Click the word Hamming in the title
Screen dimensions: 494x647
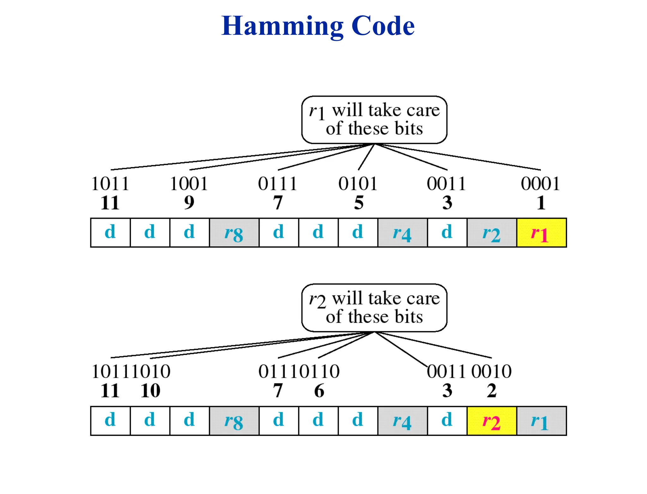coord(282,26)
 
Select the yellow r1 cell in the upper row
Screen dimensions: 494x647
coord(541,233)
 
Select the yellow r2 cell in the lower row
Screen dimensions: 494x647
coord(492,421)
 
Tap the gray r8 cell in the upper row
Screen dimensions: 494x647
coord(234,233)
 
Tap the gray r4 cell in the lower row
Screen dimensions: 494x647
coord(402,421)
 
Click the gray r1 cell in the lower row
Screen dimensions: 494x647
coord(541,421)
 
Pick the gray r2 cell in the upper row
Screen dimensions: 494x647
coord(492,233)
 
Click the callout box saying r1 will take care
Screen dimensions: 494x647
coord(374,120)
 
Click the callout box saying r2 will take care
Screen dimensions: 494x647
coord(374,308)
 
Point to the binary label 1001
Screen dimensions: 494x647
coord(189,184)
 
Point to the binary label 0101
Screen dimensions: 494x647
coord(358,184)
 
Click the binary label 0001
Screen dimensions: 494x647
coord(541,184)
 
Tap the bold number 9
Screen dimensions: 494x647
coord(189,203)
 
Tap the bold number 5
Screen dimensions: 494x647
coord(359,203)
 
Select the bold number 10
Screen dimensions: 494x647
coord(150,391)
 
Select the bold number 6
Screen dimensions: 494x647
coord(319,391)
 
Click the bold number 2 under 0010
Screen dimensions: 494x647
coord(492,391)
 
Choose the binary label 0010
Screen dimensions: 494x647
coord(492,371)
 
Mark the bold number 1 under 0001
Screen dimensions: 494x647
coord(541,203)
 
